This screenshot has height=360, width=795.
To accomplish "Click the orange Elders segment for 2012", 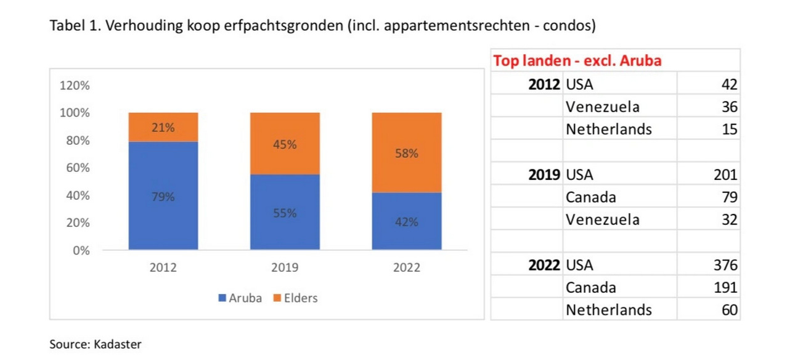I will [163, 128].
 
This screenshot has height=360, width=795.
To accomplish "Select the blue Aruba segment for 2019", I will [285, 212].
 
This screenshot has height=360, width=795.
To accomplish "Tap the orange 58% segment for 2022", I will [407, 152].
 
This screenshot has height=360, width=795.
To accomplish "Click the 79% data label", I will [163, 197].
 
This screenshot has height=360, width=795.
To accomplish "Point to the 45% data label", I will [285, 144].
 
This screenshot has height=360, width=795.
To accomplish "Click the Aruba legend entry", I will [240, 298].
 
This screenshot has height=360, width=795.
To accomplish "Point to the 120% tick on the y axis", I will [75, 86].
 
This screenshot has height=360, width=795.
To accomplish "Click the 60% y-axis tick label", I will [77, 168].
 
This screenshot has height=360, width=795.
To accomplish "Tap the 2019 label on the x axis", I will [285, 268].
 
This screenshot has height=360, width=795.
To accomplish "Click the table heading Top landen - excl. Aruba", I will [577, 61].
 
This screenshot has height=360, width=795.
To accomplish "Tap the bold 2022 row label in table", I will [544, 266].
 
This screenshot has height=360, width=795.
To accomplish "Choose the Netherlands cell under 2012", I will [608, 129].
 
